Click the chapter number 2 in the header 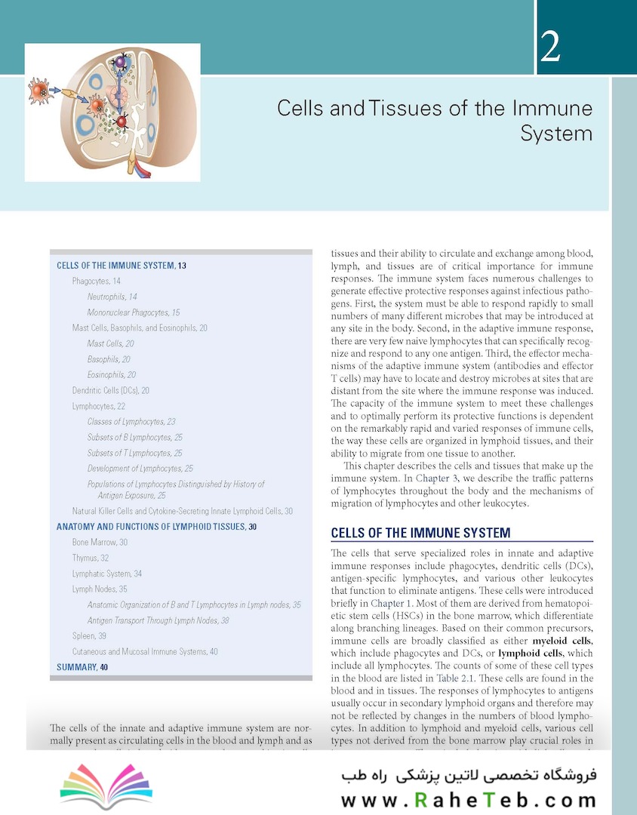pyautogui.click(x=549, y=48)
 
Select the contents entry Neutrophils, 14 pyautogui.click(x=112, y=297)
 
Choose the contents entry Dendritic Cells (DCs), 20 pyautogui.click(x=110, y=390)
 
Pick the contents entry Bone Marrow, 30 pyautogui.click(x=100, y=543)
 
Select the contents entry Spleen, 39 pyautogui.click(x=89, y=636)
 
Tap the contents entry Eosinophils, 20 pyautogui.click(x=111, y=374)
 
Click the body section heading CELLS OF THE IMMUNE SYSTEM pyautogui.click(x=420, y=534)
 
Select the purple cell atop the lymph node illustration pyautogui.click(x=119, y=66)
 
